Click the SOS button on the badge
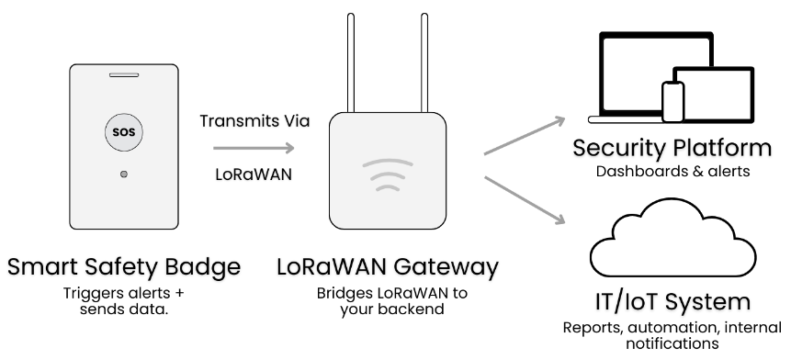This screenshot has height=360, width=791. (x=124, y=131)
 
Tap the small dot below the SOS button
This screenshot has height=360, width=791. (x=124, y=173)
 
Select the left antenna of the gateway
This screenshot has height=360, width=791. (x=349, y=59)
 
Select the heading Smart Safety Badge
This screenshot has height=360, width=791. (x=124, y=269)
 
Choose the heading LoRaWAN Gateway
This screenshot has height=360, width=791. (x=388, y=269)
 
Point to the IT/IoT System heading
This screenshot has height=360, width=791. (x=672, y=302)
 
